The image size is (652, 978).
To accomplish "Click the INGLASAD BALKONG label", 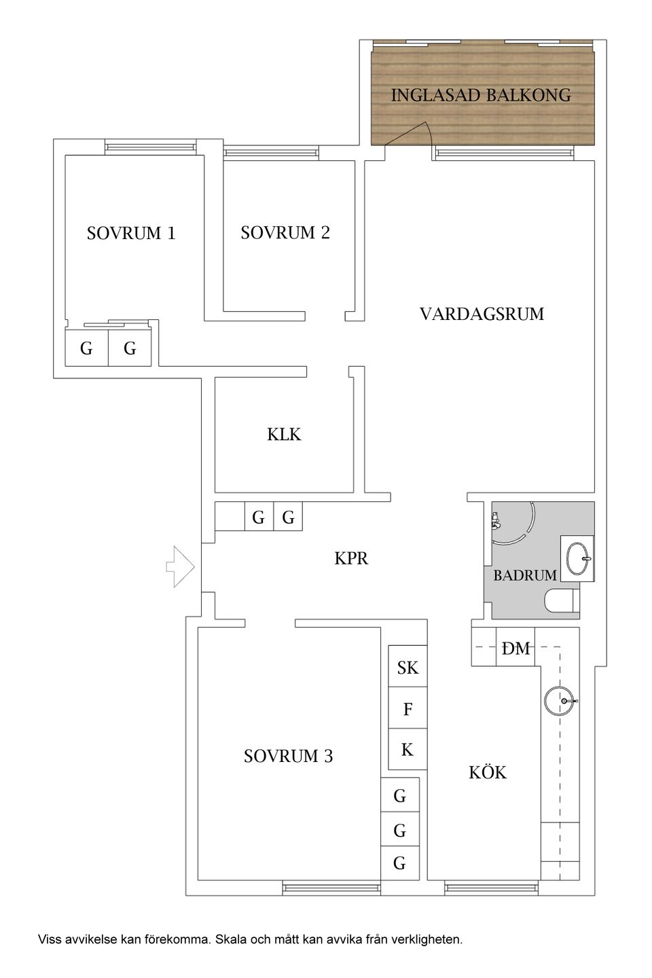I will (x=481, y=95).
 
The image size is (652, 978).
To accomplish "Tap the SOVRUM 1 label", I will (x=131, y=234).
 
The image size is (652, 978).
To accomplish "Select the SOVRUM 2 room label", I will (x=285, y=232).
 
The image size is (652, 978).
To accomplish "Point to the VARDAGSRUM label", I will (x=482, y=314).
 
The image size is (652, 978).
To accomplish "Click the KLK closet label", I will (x=284, y=435).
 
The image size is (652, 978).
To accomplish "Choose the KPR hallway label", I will (x=351, y=558).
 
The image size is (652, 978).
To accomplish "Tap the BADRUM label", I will (x=524, y=575).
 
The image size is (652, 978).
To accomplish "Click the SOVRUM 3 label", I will (x=288, y=756).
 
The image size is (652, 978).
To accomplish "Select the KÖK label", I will (x=487, y=772).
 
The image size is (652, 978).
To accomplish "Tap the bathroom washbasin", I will (x=577, y=558).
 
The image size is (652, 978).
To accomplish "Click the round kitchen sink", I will (x=560, y=700).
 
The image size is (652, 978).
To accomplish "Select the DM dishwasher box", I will (x=515, y=649).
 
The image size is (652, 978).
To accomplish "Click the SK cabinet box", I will (x=407, y=668).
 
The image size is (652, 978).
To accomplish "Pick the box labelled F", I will (x=407, y=709).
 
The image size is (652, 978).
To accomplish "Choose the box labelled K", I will (x=407, y=750).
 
